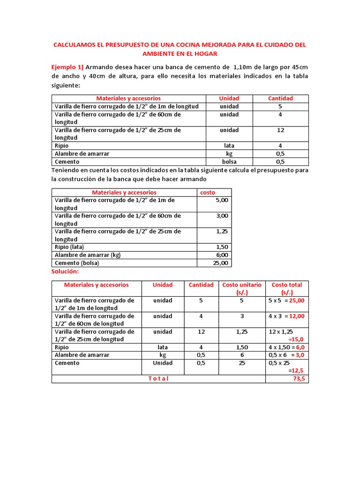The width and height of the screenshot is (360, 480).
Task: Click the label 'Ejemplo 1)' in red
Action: (x=67, y=67)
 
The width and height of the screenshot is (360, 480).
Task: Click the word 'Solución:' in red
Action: (x=66, y=272)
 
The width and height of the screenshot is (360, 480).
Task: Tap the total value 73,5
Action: (x=299, y=379)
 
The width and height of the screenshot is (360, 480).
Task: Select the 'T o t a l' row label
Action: (x=158, y=379)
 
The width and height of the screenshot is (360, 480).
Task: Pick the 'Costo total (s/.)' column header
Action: (x=287, y=288)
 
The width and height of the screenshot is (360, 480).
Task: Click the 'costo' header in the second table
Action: (x=208, y=192)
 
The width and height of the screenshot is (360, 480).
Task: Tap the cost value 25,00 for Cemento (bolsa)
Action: (x=220, y=263)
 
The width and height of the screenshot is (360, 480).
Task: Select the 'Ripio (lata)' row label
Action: (x=71, y=247)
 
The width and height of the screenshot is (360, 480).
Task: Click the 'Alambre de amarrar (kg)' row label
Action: (x=88, y=255)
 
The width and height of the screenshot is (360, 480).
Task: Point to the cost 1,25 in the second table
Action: (x=222, y=232)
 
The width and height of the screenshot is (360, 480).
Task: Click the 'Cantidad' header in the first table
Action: (x=280, y=98)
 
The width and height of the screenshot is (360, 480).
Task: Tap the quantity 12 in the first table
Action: (x=280, y=130)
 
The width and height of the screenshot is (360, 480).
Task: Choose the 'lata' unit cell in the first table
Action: (x=229, y=146)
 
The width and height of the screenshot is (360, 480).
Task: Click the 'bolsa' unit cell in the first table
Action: (x=229, y=162)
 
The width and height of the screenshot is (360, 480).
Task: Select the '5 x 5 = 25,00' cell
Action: (x=286, y=300)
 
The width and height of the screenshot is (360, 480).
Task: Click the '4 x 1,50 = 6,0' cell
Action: (x=286, y=347)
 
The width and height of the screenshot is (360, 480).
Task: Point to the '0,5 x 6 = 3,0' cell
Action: (x=286, y=355)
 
